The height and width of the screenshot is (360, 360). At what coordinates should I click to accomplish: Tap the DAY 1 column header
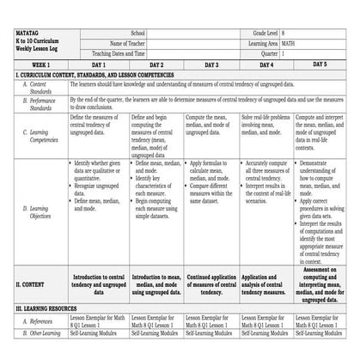click(x=98, y=64)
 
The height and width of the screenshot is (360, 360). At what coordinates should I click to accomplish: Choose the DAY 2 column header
click(x=156, y=64)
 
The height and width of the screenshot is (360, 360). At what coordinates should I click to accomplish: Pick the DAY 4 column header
click(x=266, y=64)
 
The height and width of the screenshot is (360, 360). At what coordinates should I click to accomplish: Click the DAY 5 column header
click(x=320, y=64)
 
